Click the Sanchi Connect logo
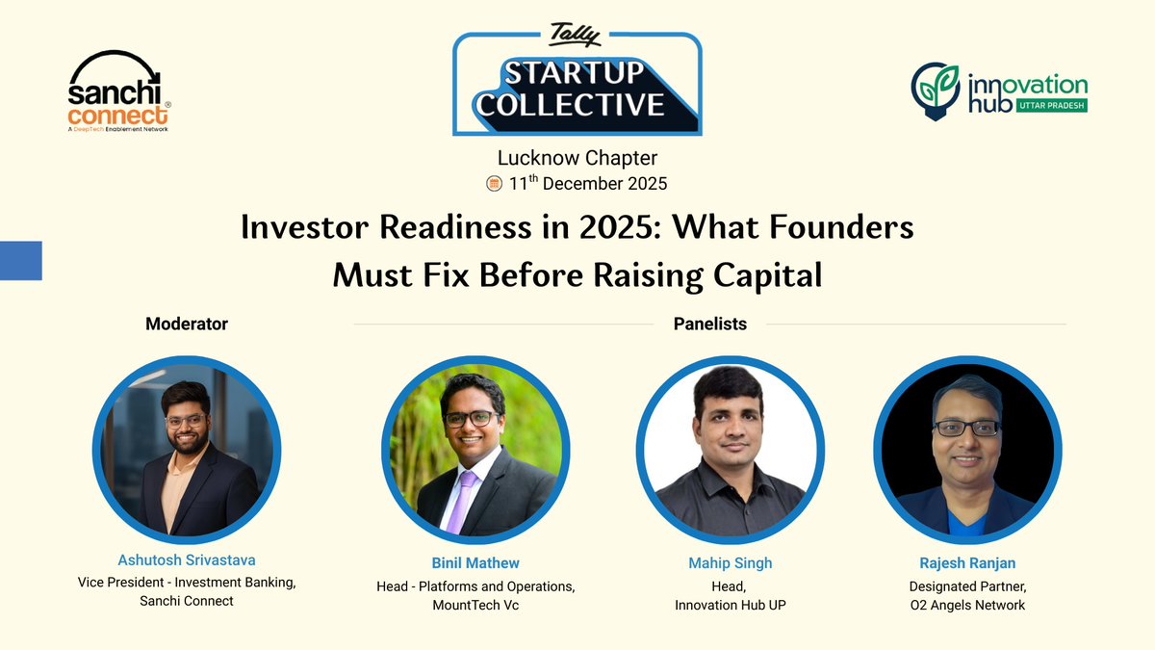click(x=119, y=91)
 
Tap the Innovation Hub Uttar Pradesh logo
click(x=999, y=92)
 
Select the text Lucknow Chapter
click(x=577, y=157)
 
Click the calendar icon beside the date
click(x=495, y=183)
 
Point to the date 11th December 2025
click(x=587, y=183)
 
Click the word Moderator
click(x=187, y=324)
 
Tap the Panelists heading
click(x=709, y=324)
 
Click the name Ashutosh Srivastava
click(x=187, y=559)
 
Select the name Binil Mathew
click(x=475, y=562)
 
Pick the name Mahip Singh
click(x=730, y=562)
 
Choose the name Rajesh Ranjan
click(x=967, y=562)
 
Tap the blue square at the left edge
click(x=20, y=260)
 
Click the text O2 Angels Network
click(x=967, y=605)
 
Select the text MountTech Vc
click(x=475, y=605)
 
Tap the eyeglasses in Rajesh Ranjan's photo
click(x=966, y=428)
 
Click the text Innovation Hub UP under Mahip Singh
click(x=730, y=605)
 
